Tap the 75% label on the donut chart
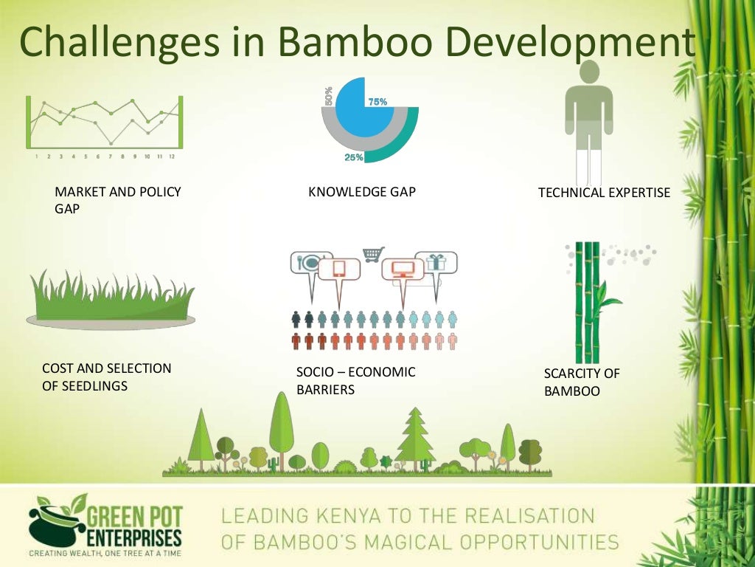click(x=377, y=102)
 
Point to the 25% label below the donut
click(x=354, y=157)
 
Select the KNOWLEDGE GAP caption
click(x=362, y=193)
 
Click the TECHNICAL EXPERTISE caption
click(x=604, y=193)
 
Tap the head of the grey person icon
click(x=588, y=72)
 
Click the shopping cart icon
click(x=373, y=254)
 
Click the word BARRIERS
click(x=325, y=389)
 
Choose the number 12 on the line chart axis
click(x=171, y=157)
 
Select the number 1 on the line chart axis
click(x=36, y=157)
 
